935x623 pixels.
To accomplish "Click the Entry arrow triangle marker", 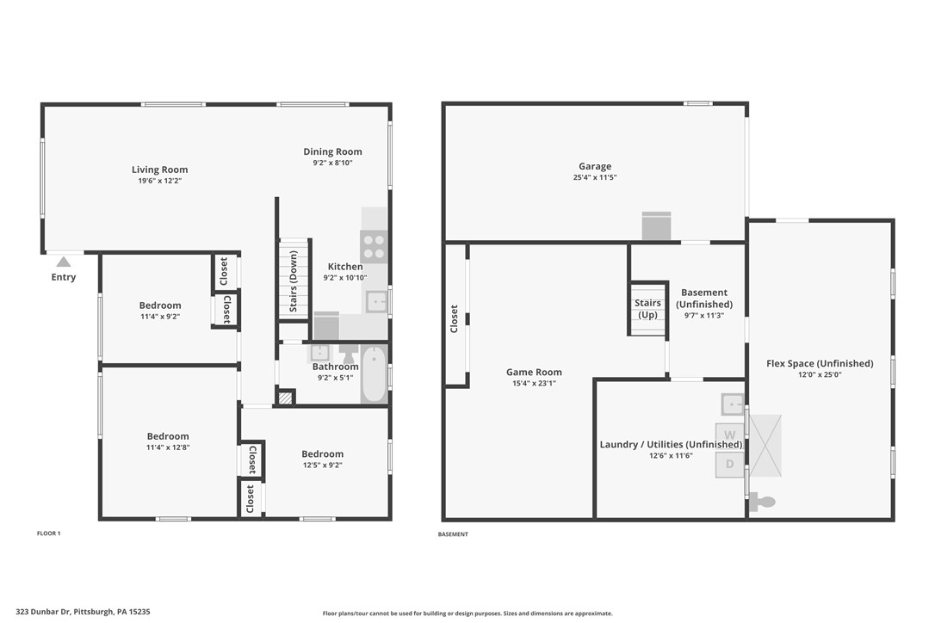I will [63, 262].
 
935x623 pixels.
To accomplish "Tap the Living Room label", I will [159, 170].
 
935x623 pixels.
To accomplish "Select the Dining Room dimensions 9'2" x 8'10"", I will [332, 163].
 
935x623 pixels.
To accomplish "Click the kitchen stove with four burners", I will [374, 246].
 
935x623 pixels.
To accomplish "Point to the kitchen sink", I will [376, 301].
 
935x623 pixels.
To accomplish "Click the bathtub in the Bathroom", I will [374, 374].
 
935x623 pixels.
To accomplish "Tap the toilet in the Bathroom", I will [348, 354].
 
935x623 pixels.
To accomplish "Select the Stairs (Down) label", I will [294, 281].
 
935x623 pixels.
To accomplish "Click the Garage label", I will [594, 166].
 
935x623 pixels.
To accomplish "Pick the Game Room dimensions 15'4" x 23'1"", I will [535, 384].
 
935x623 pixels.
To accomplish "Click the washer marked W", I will [729, 435].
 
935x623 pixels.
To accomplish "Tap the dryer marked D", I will [729, 465].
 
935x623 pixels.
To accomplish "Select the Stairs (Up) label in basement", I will [647, 308].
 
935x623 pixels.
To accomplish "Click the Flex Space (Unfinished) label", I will [820, 363].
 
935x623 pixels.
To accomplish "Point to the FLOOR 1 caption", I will [49, 534].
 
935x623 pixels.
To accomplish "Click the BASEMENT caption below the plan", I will [453, 534].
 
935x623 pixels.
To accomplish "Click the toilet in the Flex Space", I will [763, 501].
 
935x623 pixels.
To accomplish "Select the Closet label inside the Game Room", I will [455, 318].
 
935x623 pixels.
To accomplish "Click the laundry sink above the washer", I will [733, 404].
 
